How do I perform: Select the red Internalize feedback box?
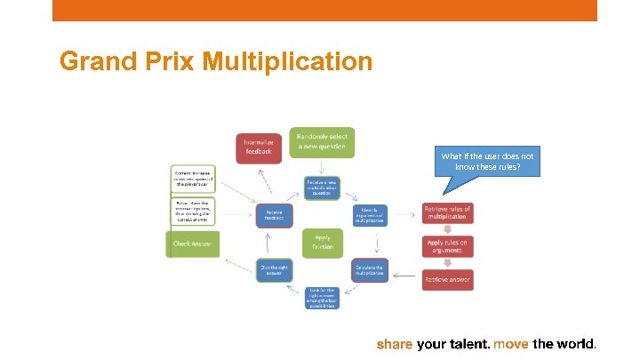tap(259, 148)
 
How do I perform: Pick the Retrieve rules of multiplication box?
tap(447, 213)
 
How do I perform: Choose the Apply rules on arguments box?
tap(447, 246)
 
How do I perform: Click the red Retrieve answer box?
tap(447, 279)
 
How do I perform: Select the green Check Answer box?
tap(192, 244)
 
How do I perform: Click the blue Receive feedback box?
tap(274, 214)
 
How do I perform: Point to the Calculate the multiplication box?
tap(369, 270)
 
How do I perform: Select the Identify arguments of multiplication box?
tap(369, 214)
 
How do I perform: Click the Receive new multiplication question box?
tap(322, 188)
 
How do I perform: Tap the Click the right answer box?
tap(274, 270)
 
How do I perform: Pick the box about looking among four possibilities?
tap(322, 298)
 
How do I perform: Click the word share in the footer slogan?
tap(395, 343)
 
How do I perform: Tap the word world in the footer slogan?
tap(576, 343)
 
